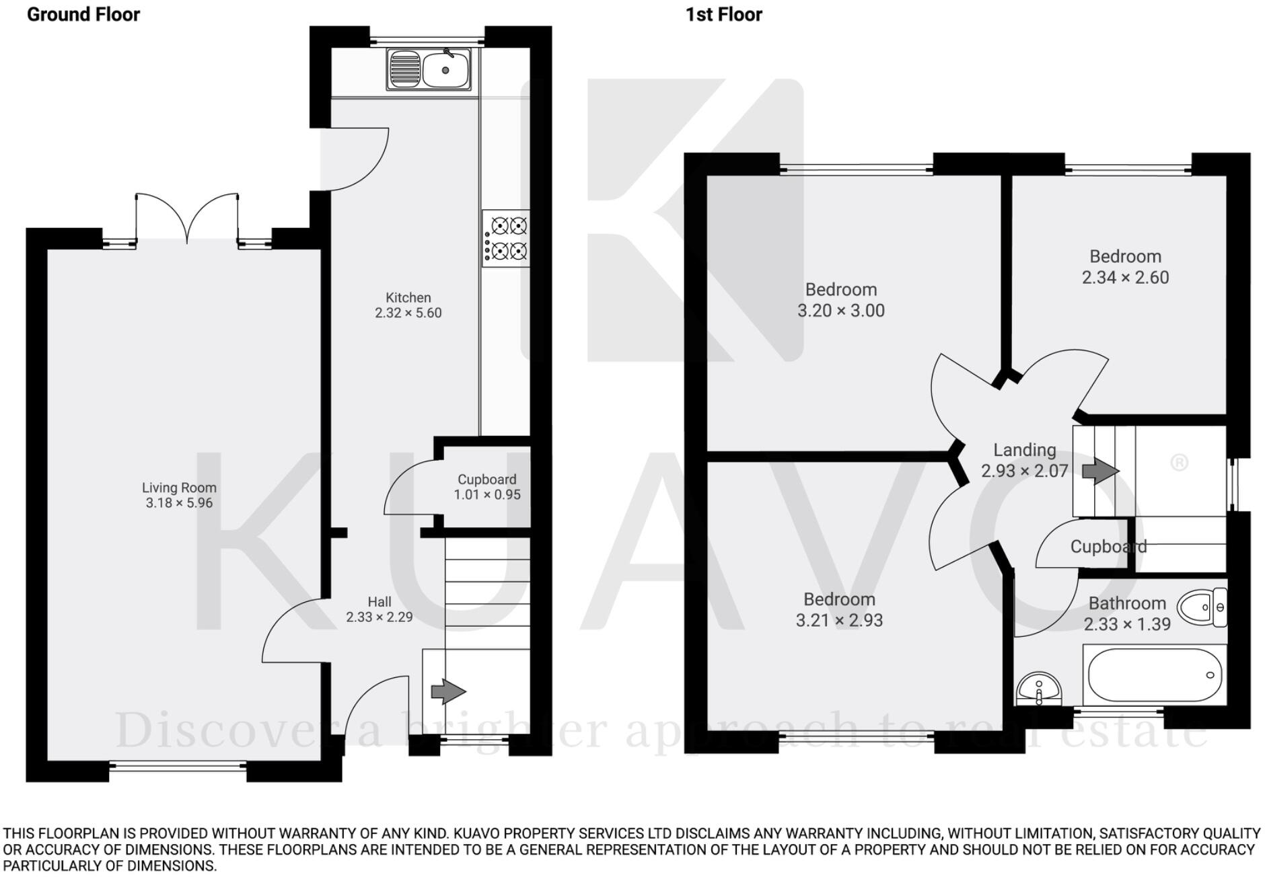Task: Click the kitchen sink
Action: (x=429, y=69)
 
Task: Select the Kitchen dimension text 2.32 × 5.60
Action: (x=408, y=313)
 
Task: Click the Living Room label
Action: (x=179, y=488)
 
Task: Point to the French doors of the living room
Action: (x=188, y=219)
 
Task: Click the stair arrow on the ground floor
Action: (x=447, y=691)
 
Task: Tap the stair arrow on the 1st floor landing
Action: (x=1099, y=471)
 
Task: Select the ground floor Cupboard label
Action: (x=486, y=480)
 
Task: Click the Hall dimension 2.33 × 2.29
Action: (x=379, y=617)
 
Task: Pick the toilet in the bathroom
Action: (x=1204, y=607)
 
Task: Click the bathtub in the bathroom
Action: (x=1154, y=675)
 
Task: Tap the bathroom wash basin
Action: (x=1039, y=689)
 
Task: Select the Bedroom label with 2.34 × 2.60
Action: (x=1125, y=256)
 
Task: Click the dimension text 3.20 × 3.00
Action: (x=840, y=311)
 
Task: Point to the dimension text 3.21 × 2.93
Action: (x=839, y=620)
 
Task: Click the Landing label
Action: (x=1024, y=450)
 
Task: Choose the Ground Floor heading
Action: (x=83, y=14)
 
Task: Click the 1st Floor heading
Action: (x=723, y=14)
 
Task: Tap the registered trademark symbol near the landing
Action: (x=1179, y=463)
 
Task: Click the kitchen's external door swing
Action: (x=353, y=158)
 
